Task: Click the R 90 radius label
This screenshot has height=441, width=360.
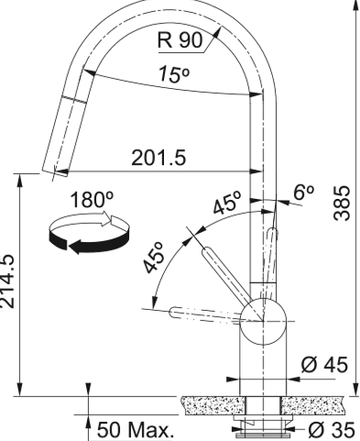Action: click(x=180, y=40)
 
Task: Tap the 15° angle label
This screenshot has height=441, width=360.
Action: click(x=174, y=74)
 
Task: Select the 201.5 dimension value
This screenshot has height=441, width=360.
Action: click(x=158, y=158)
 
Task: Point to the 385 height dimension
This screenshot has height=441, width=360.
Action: click(x=342, y=203)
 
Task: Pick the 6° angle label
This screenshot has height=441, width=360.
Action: click(x=303, y=193)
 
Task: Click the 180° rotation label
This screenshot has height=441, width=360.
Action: click(x=92, y=200)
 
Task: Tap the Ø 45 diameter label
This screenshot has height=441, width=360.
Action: click(x=324, y=365)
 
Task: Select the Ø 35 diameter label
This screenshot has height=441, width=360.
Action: click(x=332, y=430)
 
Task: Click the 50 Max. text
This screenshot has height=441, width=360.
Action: click(x=136, y=430)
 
